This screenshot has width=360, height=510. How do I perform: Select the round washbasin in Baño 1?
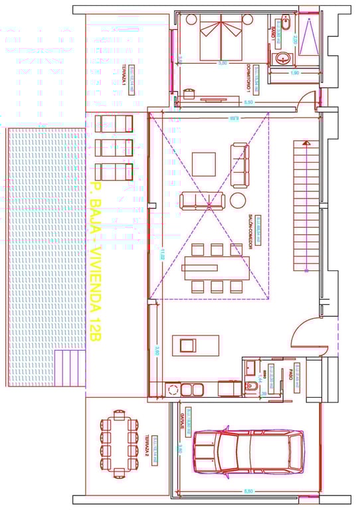pyautogui.click(x=284, y=58)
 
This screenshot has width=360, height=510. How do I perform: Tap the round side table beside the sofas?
pyautogui.click(x=238, y=201)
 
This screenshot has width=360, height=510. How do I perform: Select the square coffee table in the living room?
pyautogui.click(x=204, y=164)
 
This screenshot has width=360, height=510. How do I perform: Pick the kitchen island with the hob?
pyautogui.click(x=195, y=345)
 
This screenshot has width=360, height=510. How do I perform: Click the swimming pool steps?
pyautogui.click(x=68, y=368)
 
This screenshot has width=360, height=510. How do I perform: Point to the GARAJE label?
pyautogui.click(x=180, y=420)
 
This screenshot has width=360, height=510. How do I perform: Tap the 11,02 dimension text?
pyautogui.click(x=160, y=255)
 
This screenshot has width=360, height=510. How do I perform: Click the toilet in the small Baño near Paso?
pyautogui.click(x=253, y=386)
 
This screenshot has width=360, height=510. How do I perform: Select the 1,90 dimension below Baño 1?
pyautogui.click(x=294, y=72)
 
